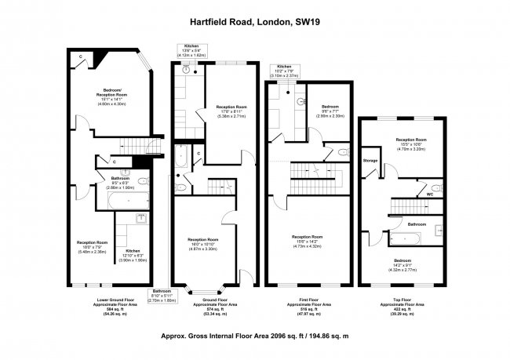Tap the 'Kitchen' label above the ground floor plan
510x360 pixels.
coord(192,48)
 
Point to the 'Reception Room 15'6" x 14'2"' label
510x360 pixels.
coord(308,240)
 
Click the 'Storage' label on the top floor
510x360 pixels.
coord(370,161)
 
